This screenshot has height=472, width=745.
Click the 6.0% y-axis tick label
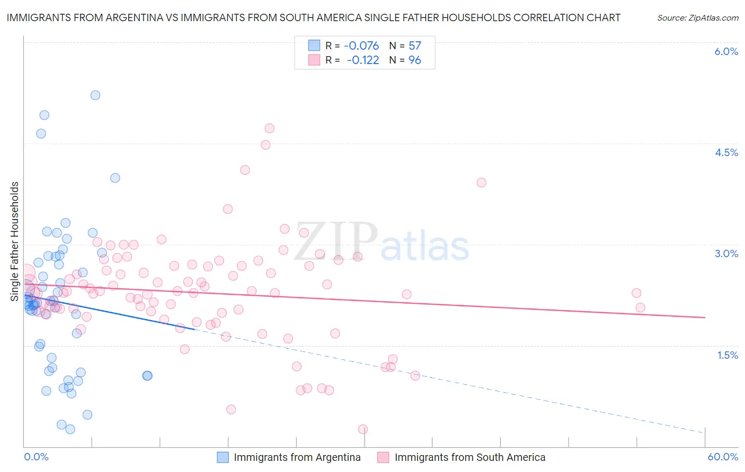(x=726, y=51)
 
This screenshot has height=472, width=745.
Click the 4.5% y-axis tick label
(x=726, y=152)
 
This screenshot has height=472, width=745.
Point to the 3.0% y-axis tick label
(x=726, y=253)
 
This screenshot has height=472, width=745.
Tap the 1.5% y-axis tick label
(x=728, y=355)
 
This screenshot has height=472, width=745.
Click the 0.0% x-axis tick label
(x=36, y=457)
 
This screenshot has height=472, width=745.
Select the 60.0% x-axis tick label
(x=723, y=457)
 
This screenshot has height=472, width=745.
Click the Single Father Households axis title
(x=15, y=241)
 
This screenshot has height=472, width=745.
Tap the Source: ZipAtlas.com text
(x=697, y=17)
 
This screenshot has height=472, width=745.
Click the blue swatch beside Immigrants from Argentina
(x=223, y=457)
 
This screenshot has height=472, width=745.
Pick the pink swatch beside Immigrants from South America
(x=383, y=457)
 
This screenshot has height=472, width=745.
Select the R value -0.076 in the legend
(x=361, y=46)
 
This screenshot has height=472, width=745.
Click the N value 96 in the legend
(x=415, y=60)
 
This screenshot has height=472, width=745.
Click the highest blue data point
(x=95, y=95)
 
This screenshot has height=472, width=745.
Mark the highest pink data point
(x=269, y=128)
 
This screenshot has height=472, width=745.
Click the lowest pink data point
(x=363, y=429)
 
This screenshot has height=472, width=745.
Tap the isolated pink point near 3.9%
(x=481, y=183)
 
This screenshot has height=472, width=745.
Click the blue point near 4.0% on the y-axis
(x=115, y=178)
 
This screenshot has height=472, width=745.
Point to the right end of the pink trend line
(x=705, y=317)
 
